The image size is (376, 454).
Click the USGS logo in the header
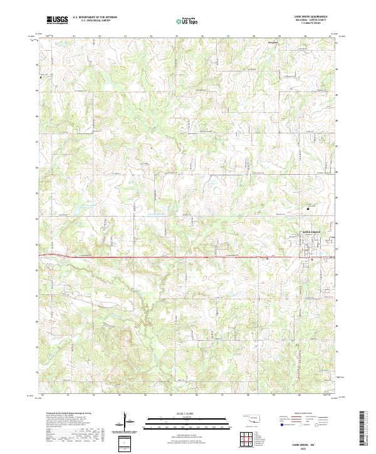point(58,19)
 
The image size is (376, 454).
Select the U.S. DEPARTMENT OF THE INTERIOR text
point(95,18)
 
